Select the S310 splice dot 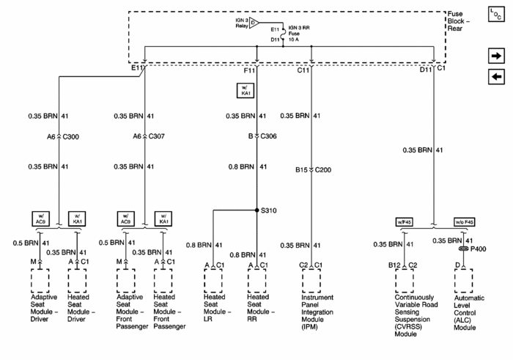[x=257, y=210]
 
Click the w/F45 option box [x=405, y=222]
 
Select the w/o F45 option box [x=464, y=222]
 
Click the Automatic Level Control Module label [x=469, y=311]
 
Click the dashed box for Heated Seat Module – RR [x=256, y=279]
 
